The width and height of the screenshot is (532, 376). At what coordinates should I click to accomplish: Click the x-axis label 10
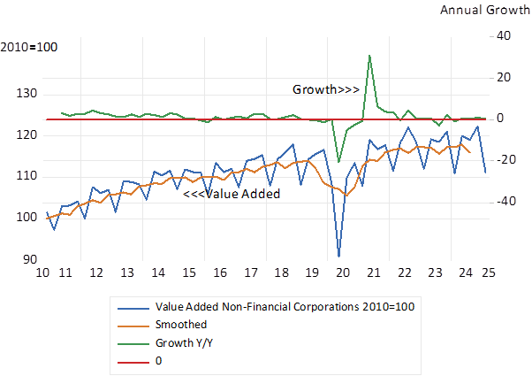pyautogui.click(x=41, y=272)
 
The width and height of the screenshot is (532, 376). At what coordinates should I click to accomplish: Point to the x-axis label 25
pyautogui.click(x=487, y=272)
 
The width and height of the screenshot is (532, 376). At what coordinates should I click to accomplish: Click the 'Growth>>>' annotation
pyautogui.click(x=326, y=89)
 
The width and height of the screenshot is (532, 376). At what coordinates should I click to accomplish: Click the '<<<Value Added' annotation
pyautogui.click(x=231, y=194)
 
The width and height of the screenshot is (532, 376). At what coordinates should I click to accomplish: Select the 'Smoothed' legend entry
pyautogui.click(x=180, y=325)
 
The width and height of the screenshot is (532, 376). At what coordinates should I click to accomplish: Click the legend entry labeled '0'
pyautogui.click(x=158, y=360)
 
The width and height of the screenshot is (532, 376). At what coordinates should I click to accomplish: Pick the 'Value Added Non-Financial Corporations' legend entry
pyautogui.click(x=284, y=306)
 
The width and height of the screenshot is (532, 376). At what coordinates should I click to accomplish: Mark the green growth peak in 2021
pyautogui.click(x=369, y=55)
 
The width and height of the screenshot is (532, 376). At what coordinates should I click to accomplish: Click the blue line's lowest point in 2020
pyautogui.click(x=338, y=257)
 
